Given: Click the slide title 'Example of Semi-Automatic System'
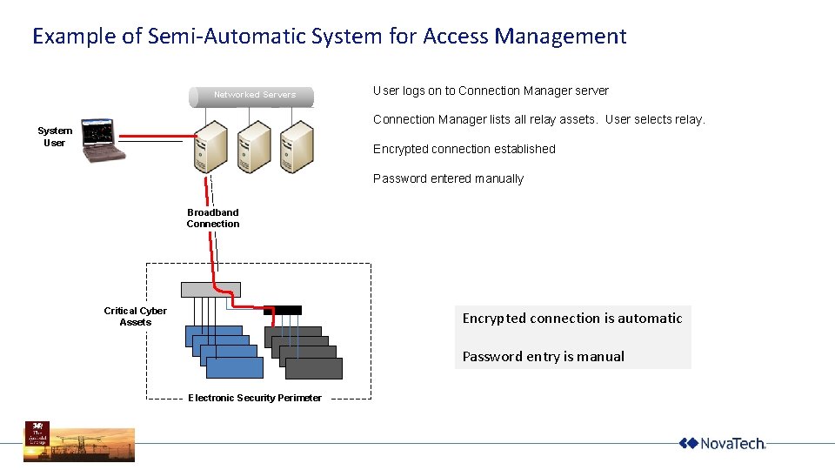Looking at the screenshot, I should pos(329,37).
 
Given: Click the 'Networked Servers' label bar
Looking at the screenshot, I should pos(254,95).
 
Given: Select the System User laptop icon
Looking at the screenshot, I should pos(101,140).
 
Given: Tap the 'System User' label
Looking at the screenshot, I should pos(55,137).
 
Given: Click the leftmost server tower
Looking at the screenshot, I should pos(210,147).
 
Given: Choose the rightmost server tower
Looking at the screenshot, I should pos(296,147).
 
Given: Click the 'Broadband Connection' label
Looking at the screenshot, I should pos(213,218).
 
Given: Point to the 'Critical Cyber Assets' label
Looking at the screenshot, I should pos(135,317).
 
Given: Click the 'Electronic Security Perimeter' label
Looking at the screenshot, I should pos(255,398).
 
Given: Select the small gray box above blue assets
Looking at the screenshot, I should pos(210,290).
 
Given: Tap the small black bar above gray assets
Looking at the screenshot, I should pos(283,310).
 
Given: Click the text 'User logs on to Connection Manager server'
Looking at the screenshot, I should pos(491,91).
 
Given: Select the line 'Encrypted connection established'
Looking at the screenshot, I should pos(464,149).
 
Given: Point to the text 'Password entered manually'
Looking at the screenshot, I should pos(448,178).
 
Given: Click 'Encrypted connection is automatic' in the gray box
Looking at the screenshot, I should pos(572,319).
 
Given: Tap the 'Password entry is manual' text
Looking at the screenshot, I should pos(543,356).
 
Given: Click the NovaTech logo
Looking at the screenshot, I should pos(722,444).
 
